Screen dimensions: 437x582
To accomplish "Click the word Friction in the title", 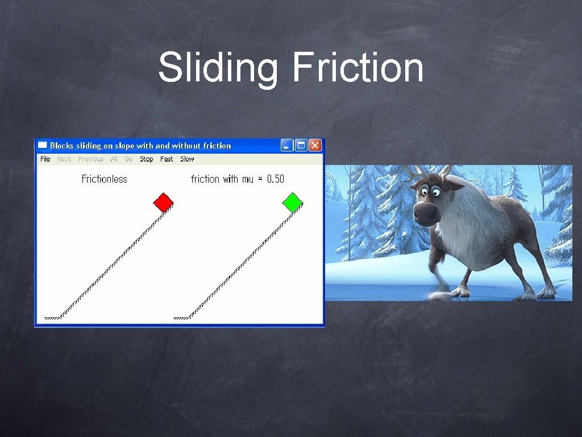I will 357,67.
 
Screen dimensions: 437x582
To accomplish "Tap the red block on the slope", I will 163,203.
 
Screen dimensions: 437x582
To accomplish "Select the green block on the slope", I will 292,203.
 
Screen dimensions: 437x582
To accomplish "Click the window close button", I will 315,146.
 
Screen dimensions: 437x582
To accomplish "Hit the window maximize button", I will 301,146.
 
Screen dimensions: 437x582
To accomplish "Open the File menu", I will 45,159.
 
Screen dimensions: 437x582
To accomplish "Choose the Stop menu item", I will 147,159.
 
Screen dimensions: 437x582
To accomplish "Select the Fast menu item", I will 167,159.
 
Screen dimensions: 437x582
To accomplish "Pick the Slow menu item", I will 187,159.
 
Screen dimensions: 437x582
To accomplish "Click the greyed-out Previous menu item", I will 91,159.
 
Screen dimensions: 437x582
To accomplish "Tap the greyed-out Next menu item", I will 64,159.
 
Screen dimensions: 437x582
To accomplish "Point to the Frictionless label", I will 105,179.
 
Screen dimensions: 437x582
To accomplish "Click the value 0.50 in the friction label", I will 276,179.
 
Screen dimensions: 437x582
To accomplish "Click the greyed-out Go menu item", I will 128,159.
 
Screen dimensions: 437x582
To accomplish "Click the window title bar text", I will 140,146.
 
